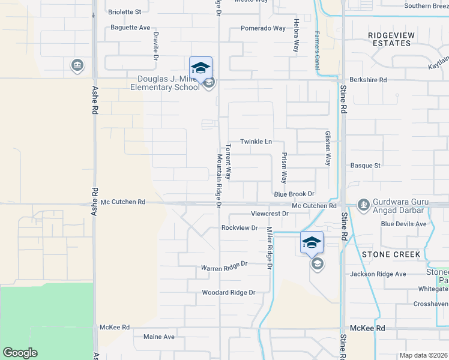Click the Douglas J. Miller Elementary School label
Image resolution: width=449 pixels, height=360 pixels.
tap(168, 83)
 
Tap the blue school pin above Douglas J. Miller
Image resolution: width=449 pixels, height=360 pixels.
tap(201, 67)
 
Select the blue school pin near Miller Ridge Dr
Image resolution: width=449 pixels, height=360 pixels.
tap(312, 242)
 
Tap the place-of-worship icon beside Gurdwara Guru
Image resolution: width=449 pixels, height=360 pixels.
tap(363, 205)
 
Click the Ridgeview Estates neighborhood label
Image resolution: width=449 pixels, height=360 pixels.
tap(391, 39)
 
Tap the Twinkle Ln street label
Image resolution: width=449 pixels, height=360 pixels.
tap(256, 142)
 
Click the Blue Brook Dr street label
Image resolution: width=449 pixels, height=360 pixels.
tap(294, 194)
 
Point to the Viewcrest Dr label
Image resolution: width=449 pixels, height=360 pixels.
tap(270, 214)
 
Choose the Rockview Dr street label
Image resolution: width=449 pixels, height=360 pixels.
tap(239, 228)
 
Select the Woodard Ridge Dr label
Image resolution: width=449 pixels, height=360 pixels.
tap(229, 293)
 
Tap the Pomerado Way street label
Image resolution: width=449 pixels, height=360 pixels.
tap(263, 28)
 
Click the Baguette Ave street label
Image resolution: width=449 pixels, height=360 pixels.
tap(130, 28)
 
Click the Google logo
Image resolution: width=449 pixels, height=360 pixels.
tap(20, 353)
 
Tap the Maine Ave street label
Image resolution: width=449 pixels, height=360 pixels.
tap(158, 337)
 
